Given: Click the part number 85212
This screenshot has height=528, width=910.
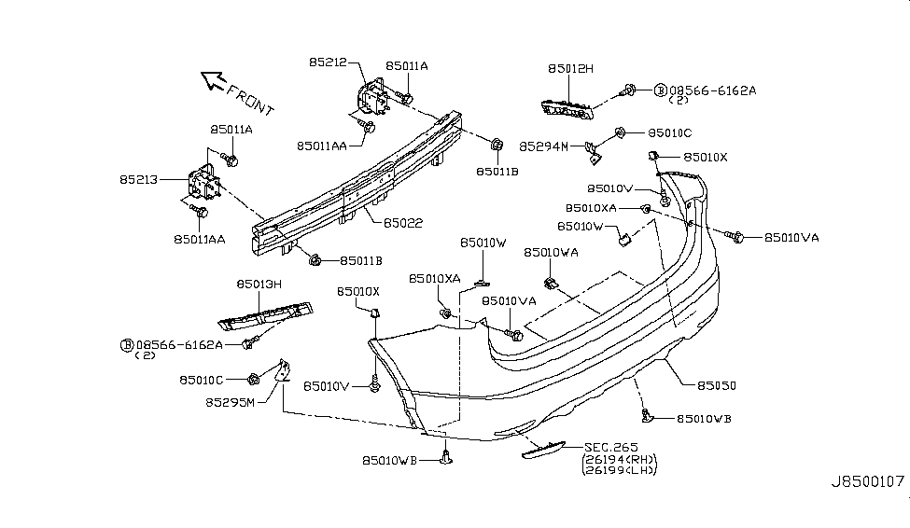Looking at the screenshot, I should pyautogui.click(x=329, y=63).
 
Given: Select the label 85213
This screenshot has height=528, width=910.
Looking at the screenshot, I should pyautogui.click(x=138, y=177).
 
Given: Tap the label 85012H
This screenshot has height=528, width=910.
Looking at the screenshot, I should pyautogui.click(x=571, y=69).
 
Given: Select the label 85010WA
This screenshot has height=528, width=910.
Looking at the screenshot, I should pyautogui.click(x=551, y=253).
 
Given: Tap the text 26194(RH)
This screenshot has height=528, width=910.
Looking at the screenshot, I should pyautogui.click(x=619, y=459).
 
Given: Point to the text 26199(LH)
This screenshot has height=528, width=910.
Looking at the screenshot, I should pyautogui.click(x=619, y=469).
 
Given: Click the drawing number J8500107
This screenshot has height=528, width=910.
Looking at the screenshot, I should pyautogui.click(x=868, y=483).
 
